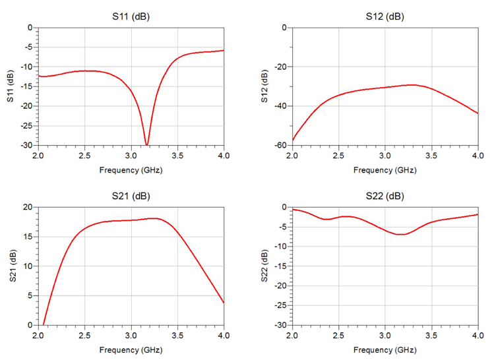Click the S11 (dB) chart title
[x=131, y=16]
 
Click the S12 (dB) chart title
[x=385, y=16]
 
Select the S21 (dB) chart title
[x=131, y=196]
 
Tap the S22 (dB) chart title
[x=385, y=196]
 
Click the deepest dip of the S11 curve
[x=146, y=144]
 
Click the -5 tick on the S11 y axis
[x=27, y=47]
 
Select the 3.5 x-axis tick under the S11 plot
[x=177, y=156]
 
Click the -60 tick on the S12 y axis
[x=280, y=145]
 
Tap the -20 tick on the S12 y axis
[x=280, y=67]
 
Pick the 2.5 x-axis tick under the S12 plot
[x=338, y=156]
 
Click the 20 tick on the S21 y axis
[x=28, y=207]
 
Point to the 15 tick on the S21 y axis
[x=28, y=237]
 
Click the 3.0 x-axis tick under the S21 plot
[x=131, y=336]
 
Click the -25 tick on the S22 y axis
[x=280, y=305]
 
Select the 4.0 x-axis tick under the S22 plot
[x=477, y=336]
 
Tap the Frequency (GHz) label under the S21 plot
[x=131, y=349]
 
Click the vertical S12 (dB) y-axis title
[x=264, y=86]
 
